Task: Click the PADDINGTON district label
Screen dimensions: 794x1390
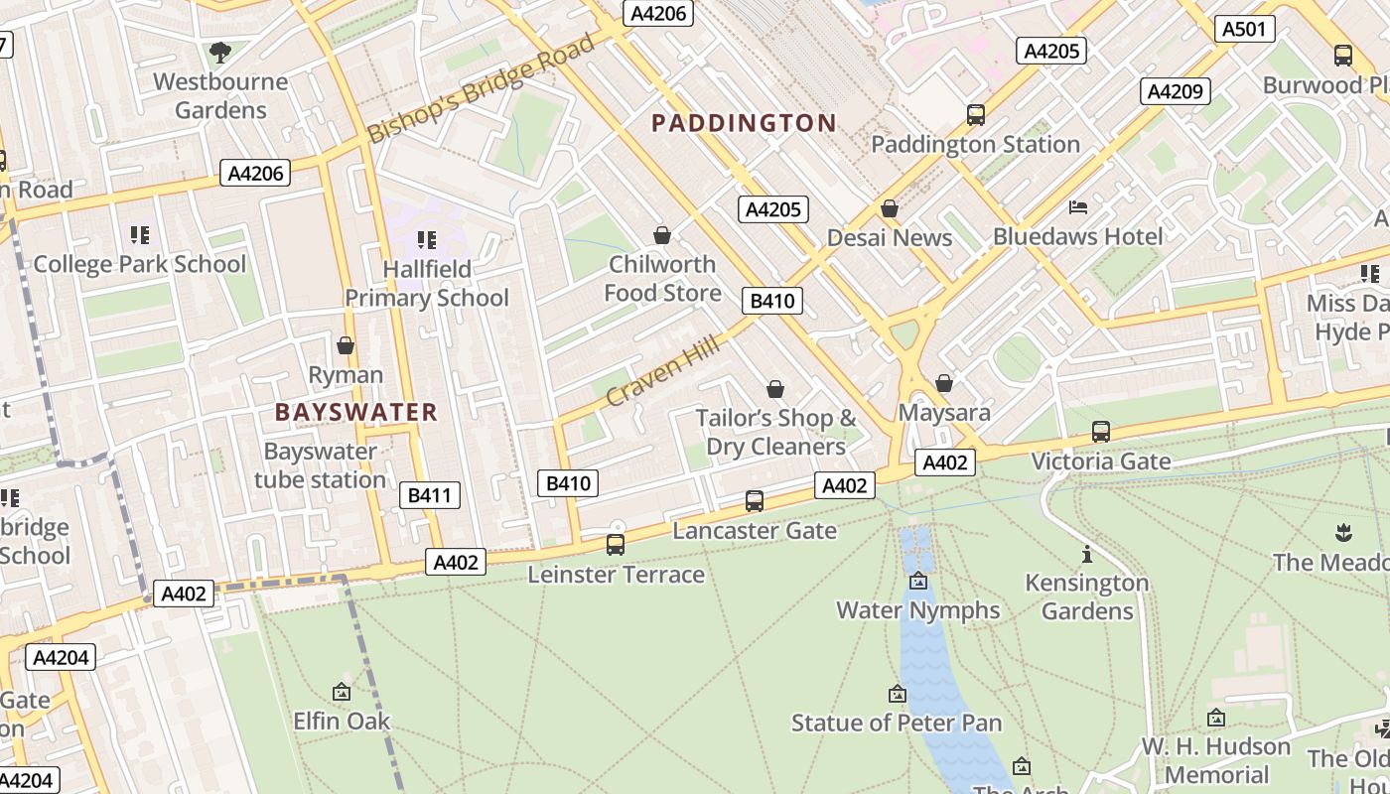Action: [x=744, y=123]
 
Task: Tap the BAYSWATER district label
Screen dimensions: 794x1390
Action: [x=355, y=412]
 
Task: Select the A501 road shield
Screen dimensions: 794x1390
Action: [x=1244, y=29]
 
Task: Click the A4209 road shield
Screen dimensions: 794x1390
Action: [x=1175, y=91]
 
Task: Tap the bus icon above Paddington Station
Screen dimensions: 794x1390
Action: [x=976, y=115]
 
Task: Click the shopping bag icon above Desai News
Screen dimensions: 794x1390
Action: [x=890, y=208]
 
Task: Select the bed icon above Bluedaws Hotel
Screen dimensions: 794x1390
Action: [x=1078, y=207]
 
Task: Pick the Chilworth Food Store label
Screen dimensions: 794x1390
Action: [x=662, y=278]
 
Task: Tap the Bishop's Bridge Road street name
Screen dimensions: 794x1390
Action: [x=481, y=89]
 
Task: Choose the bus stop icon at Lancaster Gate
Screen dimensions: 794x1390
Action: [x=755, y=501]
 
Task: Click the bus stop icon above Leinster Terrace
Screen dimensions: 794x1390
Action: [x=616, y=545]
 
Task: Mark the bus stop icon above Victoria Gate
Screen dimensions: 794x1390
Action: [x=1100, y=432]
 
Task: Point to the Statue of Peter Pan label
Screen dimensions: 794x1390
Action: [x=897, y=723]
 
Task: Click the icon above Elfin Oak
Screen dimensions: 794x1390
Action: [x=342, y=692]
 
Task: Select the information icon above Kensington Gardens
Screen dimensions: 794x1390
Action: [x=1087, y=554]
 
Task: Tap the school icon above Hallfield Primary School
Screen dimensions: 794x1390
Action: [x=427, y=239]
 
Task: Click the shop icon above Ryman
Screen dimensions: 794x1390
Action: [x=346, y=345]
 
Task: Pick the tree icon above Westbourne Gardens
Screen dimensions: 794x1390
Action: [x=220, y=52]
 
